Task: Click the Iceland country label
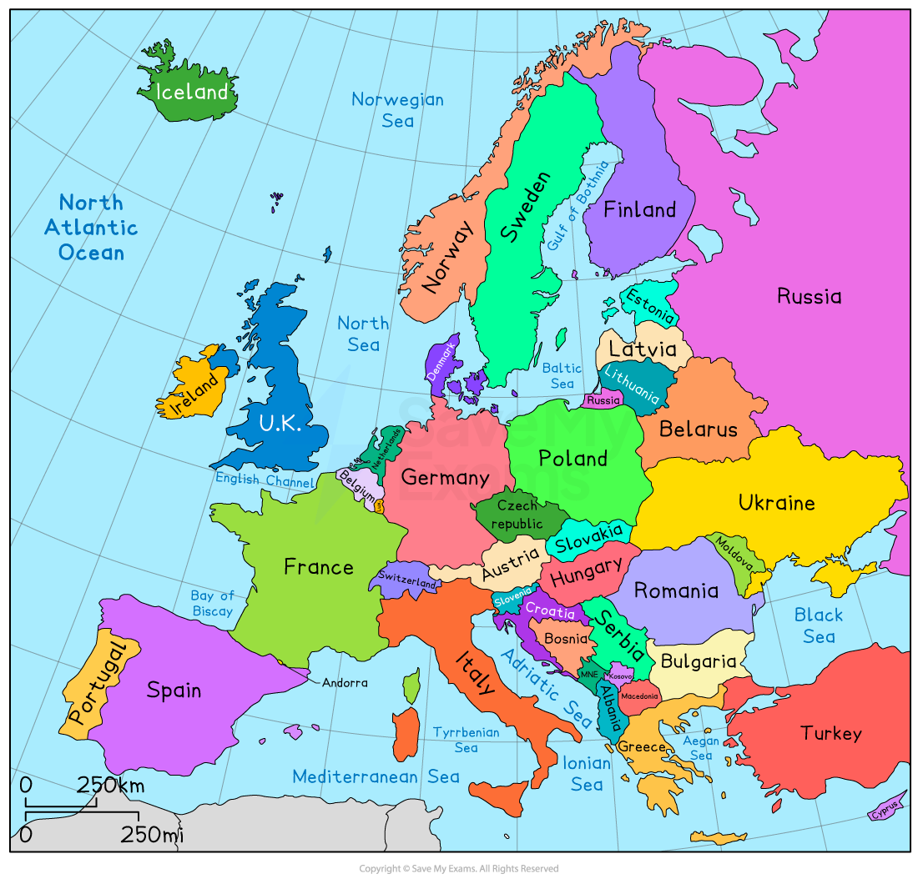[x=192, y=92]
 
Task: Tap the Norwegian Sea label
[x=397, y=109]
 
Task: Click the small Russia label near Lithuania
[x=603, y=400]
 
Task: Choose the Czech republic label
[x=517, y=515]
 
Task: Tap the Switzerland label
[x=407, y=580]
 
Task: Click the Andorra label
[x=345, y=682]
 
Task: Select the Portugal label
[x=96, y=682]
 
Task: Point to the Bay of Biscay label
[x=212, y=603]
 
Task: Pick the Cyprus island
[x=886, y=808]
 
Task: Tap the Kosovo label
[x=621, y=676]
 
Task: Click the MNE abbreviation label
[x=589, y=674]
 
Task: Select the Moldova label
[x=734, y=553]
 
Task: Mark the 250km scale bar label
[x=111, y=785]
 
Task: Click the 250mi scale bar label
[x=152, y=834]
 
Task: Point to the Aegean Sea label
[x=701, y=747]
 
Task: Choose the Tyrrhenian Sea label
[x=466, y=740]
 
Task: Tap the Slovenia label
[x=512, y=599]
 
